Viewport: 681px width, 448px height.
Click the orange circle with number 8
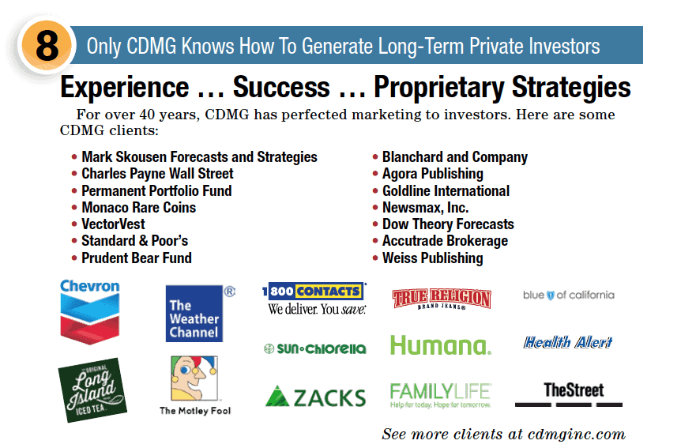(x=47, y=46)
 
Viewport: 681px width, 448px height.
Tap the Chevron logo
(x=89, y=311)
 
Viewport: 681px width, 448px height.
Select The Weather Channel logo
(x=194, y=314)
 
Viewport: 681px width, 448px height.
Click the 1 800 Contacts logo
(x=315, y=299)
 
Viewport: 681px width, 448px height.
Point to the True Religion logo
(x=442, y=299)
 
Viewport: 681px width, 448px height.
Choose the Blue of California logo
(x=569, y=295)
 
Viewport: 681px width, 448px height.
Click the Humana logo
(x=440, y=345)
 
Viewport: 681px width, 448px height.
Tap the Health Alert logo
(x=568, y=342)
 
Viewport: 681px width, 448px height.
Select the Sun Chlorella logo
(x=315, y=348)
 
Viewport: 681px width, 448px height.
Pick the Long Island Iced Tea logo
(x=92, y=390)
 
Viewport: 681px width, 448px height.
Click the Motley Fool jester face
(x=194, y=378)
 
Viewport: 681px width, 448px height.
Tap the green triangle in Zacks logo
(x=277, y=396)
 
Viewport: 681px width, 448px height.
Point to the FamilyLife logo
(x=440, y=395)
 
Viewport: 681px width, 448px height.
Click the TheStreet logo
(x=569, y=394)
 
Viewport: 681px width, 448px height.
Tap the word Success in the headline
(x=281, y=87)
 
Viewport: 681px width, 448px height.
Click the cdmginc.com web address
(x=577, y=434)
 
